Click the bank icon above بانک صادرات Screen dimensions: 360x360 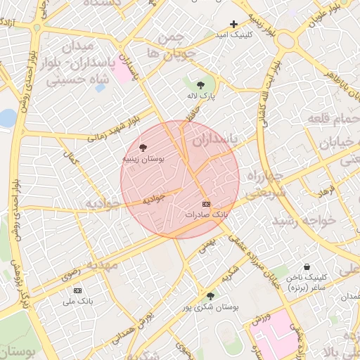tap(205, 204)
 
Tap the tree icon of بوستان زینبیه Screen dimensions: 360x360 tap(143, 148)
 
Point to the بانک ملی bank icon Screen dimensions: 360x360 tap(77, 290)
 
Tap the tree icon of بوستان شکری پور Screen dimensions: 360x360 tap(210, 296)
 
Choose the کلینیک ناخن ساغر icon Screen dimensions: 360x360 tap(307, 267)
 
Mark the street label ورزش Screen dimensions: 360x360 tap(260, 319)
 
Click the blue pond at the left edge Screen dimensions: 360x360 tap(6, 117)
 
